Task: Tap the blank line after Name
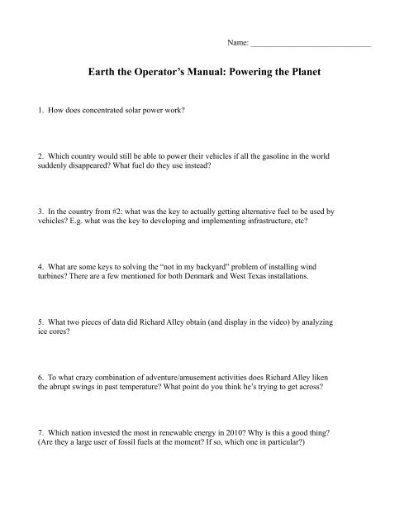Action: point(311,42)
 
